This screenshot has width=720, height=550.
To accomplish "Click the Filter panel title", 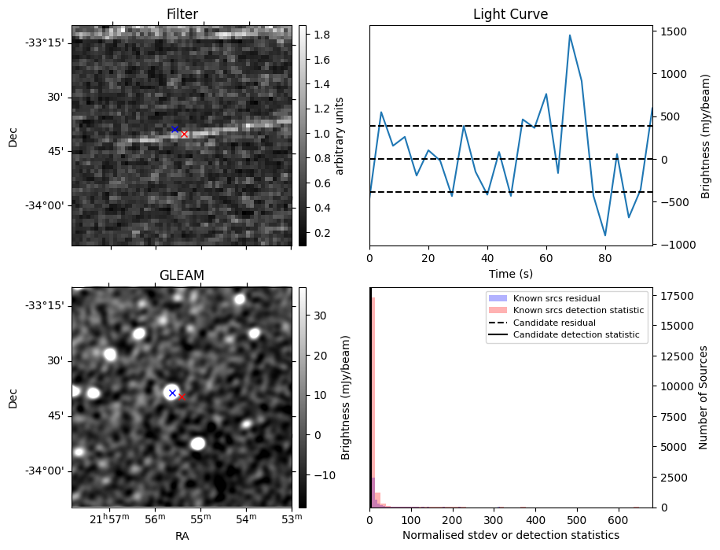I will pos(182,14).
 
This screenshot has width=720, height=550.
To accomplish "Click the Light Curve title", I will pos(510,14).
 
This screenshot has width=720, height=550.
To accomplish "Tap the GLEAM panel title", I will pos(182,275).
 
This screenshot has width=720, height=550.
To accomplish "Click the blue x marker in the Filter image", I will pos(174,129).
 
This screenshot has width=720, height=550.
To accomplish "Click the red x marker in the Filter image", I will pos(185,135).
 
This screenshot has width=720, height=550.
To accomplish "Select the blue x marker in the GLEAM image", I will pos(172,392).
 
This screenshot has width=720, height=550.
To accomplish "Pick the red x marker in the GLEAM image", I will pos(182,397).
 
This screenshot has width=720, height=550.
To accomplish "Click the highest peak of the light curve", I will pos(570,35).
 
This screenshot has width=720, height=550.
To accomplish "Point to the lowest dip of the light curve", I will pos(605,235).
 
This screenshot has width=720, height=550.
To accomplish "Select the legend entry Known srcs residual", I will pos(556,298).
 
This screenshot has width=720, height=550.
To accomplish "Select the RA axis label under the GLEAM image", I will pos(182,536).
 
